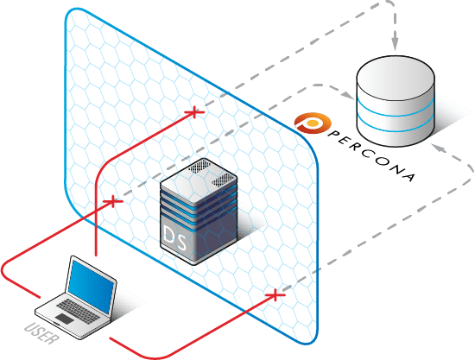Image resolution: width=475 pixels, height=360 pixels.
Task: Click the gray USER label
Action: click(x=41, y=333)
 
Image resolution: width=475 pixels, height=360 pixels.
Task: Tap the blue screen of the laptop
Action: click(x=90, y=287)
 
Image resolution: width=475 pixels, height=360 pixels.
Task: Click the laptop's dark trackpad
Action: click(x=65, y=319)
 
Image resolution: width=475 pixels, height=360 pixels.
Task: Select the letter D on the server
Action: click(x=168, y=234)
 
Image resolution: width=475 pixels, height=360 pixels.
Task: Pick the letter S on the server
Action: click(x=180, y=242)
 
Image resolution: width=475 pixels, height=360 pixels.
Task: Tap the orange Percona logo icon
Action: click(x=313, y=123)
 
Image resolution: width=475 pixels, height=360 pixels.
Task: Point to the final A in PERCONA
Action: click(x=408, y=176)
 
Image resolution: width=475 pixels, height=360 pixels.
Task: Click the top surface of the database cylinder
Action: click(x=396, y=78)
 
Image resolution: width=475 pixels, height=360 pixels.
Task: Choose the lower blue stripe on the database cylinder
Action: click(x=396, y=127)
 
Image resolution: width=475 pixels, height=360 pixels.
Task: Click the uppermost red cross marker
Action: click(x=194, y=112)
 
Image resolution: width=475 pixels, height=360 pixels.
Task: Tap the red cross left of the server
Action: click(x=112, y=201)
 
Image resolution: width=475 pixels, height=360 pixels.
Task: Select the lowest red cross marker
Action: click(x=275, y=295)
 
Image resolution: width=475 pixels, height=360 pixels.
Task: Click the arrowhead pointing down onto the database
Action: click(x=395, y=45)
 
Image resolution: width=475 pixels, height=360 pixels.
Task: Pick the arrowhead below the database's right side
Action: click(x=439, y=148)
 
